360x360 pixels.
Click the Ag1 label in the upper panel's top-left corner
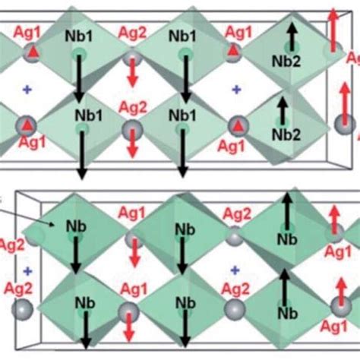(x=29, y=33)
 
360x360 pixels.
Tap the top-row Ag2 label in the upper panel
(x=133, y=33)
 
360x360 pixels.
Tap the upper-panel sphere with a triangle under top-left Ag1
(x=30, y=50)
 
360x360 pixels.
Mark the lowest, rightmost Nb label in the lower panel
(x=285, y=312)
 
